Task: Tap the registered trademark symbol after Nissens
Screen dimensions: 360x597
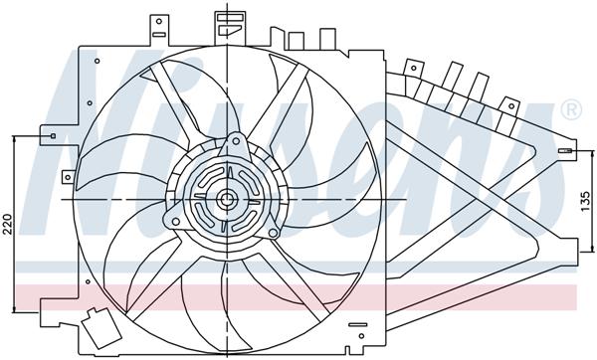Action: point(570,108)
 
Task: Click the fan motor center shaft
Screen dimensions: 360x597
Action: point(227,200)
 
